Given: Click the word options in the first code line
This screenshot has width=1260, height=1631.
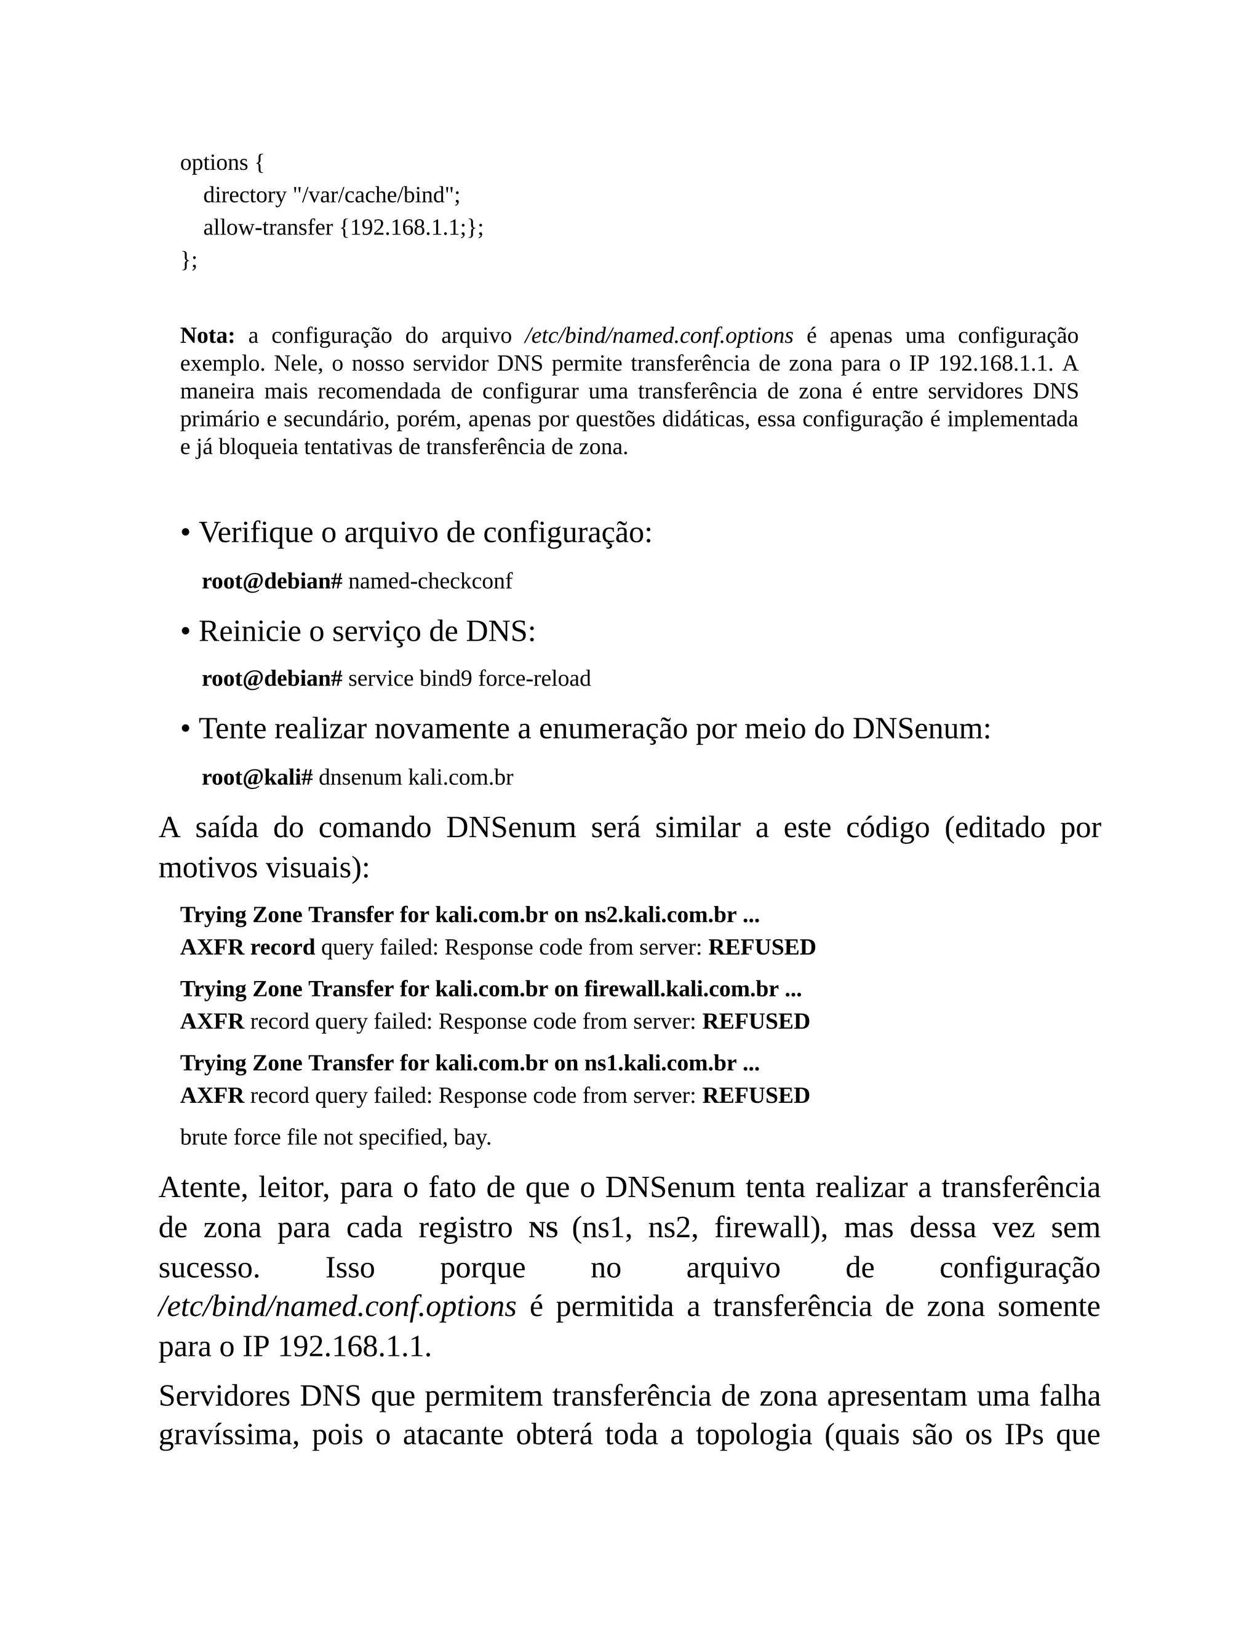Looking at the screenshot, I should [x=213, y=163].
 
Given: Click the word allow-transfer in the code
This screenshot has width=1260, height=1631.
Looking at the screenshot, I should [x=268, y=228].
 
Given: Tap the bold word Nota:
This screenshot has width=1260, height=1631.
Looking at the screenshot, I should [x=207, y=336].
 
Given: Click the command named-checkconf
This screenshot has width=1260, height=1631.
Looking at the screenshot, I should [x=430, y=581].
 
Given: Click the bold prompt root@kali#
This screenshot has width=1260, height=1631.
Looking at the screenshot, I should [x=257, y=777].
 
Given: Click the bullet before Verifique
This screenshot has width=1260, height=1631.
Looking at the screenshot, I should [x=185, y=533].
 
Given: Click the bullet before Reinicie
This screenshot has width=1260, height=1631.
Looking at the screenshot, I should [x=185, y=632].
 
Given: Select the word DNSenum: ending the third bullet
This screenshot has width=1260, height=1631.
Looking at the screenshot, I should [x=921, y=729].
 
